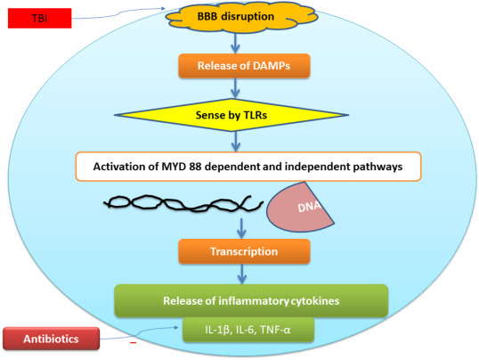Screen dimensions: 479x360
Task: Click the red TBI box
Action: coord(40,19)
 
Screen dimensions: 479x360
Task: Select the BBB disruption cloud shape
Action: coord(241,16)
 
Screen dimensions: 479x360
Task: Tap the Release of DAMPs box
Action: coord(244,66)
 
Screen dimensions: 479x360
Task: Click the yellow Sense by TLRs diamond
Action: coord(231,115)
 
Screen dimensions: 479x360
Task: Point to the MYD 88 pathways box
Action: coord(248,167)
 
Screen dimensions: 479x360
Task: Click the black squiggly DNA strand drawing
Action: coord(183,203)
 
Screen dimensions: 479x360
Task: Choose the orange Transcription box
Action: coord(244,251)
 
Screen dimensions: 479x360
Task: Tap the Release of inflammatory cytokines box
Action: coord(251,300)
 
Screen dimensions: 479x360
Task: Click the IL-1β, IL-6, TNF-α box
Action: coord(248,330)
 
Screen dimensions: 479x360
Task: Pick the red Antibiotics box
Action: coord(52,339)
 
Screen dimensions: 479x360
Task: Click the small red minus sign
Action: coord(134,343)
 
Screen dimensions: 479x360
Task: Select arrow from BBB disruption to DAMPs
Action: coord(235,43)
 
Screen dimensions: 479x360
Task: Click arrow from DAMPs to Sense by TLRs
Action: coord(235,88)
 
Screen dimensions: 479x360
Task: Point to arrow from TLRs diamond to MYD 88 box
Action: coord(235,142)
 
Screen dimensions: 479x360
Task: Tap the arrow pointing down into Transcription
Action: coord(241,228)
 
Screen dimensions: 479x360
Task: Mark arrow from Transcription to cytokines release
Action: coord(242,274)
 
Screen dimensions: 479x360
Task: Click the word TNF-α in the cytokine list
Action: coord(275,330)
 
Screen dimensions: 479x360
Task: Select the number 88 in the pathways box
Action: coord(195,167)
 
